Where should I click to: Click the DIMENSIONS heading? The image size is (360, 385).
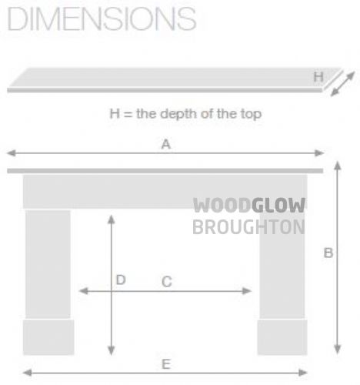point(102,18)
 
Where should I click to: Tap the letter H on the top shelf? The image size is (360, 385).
point(318,77)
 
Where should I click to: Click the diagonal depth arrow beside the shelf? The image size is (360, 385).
point(342,84)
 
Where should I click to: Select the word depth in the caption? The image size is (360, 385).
point(178,114)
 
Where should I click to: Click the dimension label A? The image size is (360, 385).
point(166,144)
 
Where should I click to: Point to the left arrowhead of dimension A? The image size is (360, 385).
point(12,153)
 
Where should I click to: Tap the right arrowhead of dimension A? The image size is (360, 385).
point(319,153)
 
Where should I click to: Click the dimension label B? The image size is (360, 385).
point(328,253)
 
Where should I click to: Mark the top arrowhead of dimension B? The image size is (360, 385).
point(338,166)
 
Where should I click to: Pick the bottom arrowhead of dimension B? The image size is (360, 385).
point(338,350)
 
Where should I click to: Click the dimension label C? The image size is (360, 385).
point(167,282)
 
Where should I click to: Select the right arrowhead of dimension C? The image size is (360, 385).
point(247,291)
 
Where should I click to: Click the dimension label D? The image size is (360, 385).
point(121,280)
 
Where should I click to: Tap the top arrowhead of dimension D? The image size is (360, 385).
point(112,219)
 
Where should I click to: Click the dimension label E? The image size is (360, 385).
point(166,364)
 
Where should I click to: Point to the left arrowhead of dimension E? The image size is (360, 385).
point(27,373)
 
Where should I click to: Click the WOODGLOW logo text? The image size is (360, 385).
point(249,206)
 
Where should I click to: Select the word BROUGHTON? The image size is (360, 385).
point(248,227)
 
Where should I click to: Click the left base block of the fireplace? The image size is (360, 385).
point(48,337)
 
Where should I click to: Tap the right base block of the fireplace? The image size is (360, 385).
point(282,337)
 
